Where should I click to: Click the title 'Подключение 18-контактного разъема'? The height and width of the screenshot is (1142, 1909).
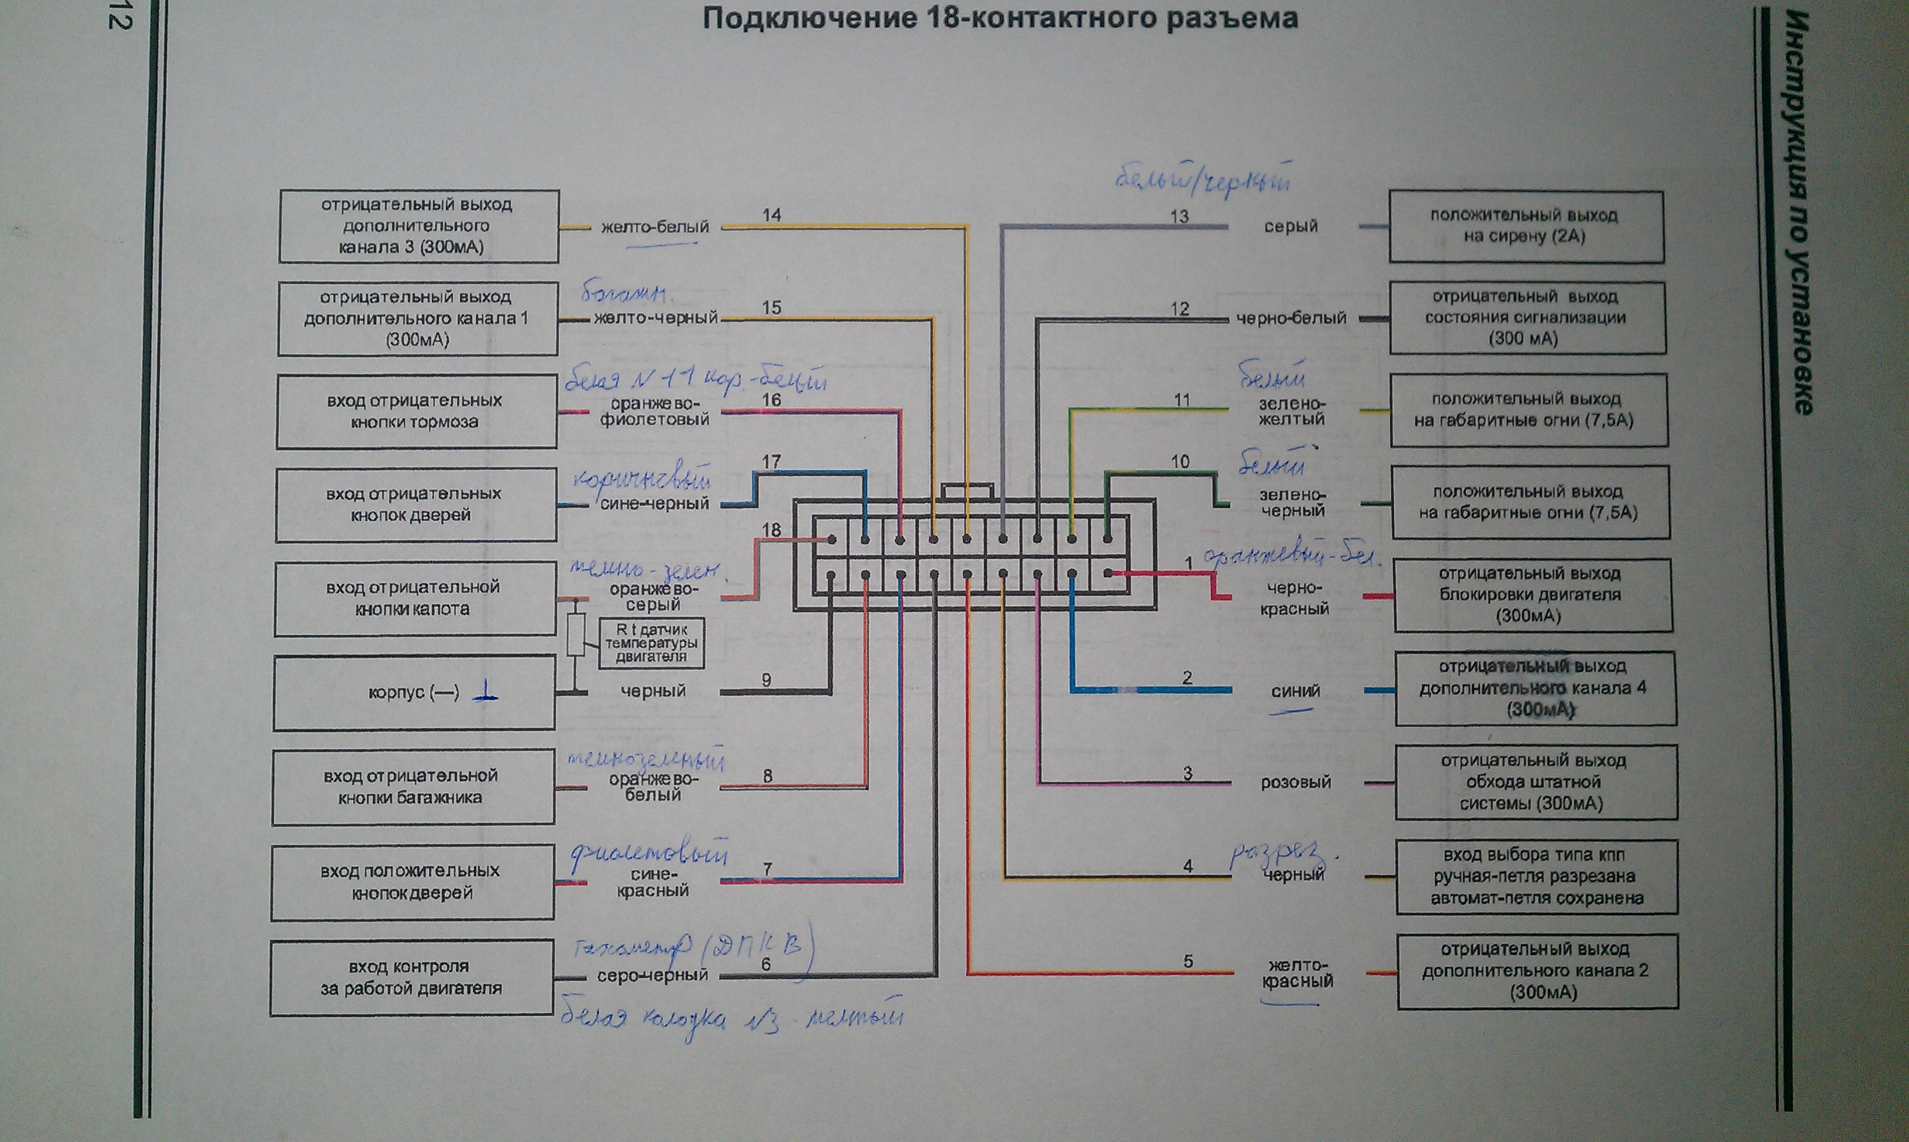click(1000, 19)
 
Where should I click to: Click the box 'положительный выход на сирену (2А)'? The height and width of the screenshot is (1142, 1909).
click(1525, 226)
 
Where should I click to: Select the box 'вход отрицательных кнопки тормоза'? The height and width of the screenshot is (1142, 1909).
click(416, 412)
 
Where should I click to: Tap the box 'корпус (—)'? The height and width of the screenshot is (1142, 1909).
click(414, 693)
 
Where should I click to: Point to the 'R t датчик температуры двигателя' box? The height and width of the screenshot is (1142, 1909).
click(651, 642)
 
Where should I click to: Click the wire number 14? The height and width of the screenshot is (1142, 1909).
click(771, 215)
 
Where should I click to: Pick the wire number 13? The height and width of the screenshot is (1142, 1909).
click(1179, 216)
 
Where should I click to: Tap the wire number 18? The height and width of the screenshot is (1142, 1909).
click(771, 530)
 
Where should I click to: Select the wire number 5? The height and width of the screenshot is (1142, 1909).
click(1187, 961)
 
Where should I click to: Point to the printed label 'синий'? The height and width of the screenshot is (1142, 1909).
click(1295, 691)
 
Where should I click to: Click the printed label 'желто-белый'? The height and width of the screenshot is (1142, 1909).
click(654, 227)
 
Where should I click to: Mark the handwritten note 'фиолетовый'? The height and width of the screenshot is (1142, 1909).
click(650, 855)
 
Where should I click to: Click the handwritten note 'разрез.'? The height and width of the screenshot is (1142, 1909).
click(1283, 854)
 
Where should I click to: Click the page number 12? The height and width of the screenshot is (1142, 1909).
click(119, 17)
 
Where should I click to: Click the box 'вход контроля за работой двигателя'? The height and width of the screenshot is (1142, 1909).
click(412, 978)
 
